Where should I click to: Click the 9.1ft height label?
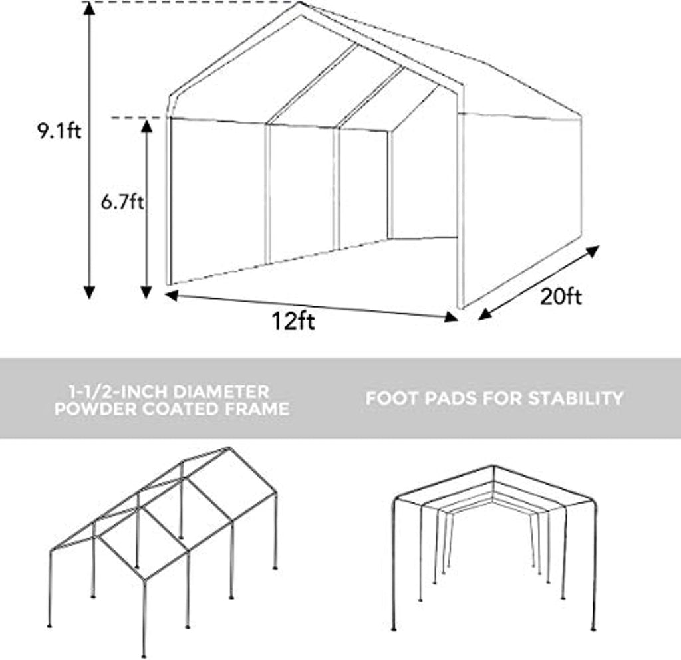(59, 131)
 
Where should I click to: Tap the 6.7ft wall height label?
(122, 202)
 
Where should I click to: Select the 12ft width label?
(293, 322)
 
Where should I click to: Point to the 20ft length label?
(560, 297)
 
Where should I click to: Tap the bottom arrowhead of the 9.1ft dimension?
(89, 292)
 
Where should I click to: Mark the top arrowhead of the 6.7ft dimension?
(146, 126)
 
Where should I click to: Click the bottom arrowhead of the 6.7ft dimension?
(146, 292)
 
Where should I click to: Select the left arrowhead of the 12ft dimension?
(172, 296)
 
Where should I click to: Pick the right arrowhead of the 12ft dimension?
(452, 317)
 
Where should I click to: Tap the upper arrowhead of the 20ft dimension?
(593, 251)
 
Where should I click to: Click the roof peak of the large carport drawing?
(299, 3)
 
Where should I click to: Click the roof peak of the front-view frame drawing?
(494, 467)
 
